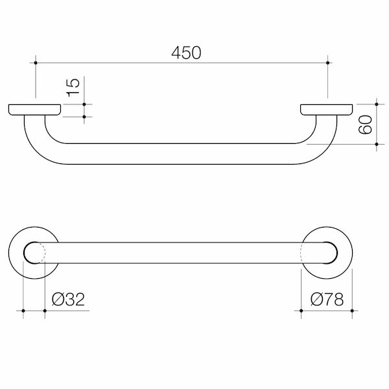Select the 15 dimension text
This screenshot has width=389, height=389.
click(x=73, y=86)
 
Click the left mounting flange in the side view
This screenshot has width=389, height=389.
click(x=35, y=110)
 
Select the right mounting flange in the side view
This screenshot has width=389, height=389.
click(x=327, y=110)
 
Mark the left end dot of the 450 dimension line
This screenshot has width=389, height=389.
click(x=34, y=62)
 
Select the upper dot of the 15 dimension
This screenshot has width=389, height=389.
click(x=85, y=104)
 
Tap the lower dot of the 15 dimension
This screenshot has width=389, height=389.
click(x=85, y=116)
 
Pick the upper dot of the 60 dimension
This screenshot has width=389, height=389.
click(x=375, y=103)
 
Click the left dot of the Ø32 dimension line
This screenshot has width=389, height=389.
click(x=24, y=311)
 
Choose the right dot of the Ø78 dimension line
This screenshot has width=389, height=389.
click(x=352, y=311)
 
